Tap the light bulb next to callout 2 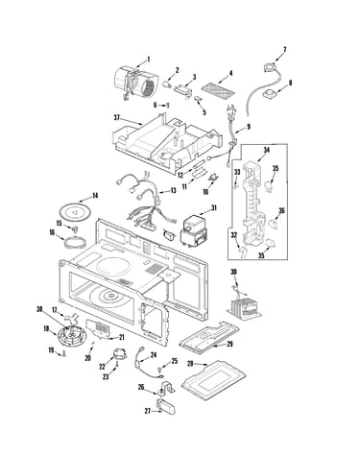click(166, 84)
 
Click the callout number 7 click(284, 50)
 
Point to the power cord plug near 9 click(232, 112)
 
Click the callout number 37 click(116, 118)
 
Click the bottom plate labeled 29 click(209, 338)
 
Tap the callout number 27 click(148, 411)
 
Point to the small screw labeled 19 click(65, 354)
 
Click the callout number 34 click(267, 150)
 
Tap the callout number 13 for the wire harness click(173, 191)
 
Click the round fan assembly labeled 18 click(69, 336)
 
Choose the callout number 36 click(281, 210)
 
